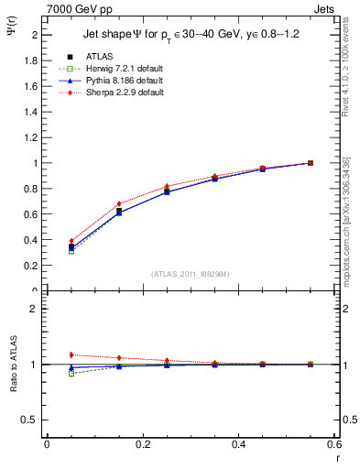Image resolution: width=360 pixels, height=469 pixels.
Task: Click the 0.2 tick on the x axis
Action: pyautogui.click(x=142, y=444)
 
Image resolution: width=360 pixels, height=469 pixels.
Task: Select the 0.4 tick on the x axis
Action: pyautogui.click(x=237, y=444)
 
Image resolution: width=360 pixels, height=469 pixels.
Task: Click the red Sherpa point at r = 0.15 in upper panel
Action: pyautogui.click(x=119, y=203)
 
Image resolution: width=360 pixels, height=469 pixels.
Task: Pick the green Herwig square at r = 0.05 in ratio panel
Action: pyautogui.click(x=71, y=373)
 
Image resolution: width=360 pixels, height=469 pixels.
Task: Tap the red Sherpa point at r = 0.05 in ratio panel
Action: pyautogui.click(x=71, y=354)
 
